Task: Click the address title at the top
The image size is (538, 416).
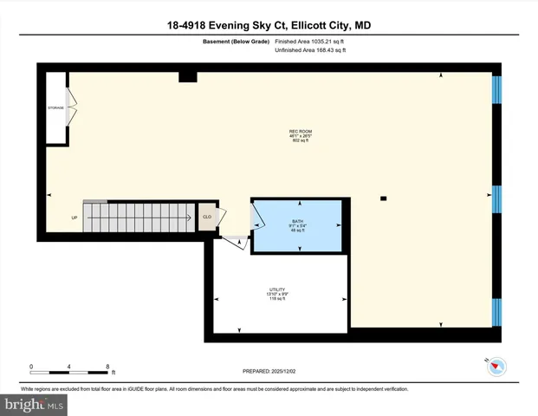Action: tap(269, 25)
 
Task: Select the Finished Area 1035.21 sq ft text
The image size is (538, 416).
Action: tap(309, 41)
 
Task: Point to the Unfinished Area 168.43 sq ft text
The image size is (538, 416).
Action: tap(309, 50)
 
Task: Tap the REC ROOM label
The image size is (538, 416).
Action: tap(300, 132)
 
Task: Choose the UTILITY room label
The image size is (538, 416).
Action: tap(276, 289)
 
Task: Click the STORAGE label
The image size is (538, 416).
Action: tap(55, 107)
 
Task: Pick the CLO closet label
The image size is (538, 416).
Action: tap(207, 217)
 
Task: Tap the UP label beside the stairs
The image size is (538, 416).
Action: tap(75, 218)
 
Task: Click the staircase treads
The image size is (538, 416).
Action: tap(139, 217)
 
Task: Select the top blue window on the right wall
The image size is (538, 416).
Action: tap(496, 89)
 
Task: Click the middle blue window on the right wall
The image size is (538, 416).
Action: tap(496, 198)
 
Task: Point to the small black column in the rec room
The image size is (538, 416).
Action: tap(382, 198)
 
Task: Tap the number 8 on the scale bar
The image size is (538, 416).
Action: tap(107, 366)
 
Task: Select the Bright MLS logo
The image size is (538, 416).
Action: tap(35, 404)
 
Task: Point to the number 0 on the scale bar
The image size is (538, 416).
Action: tap(31, 366)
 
